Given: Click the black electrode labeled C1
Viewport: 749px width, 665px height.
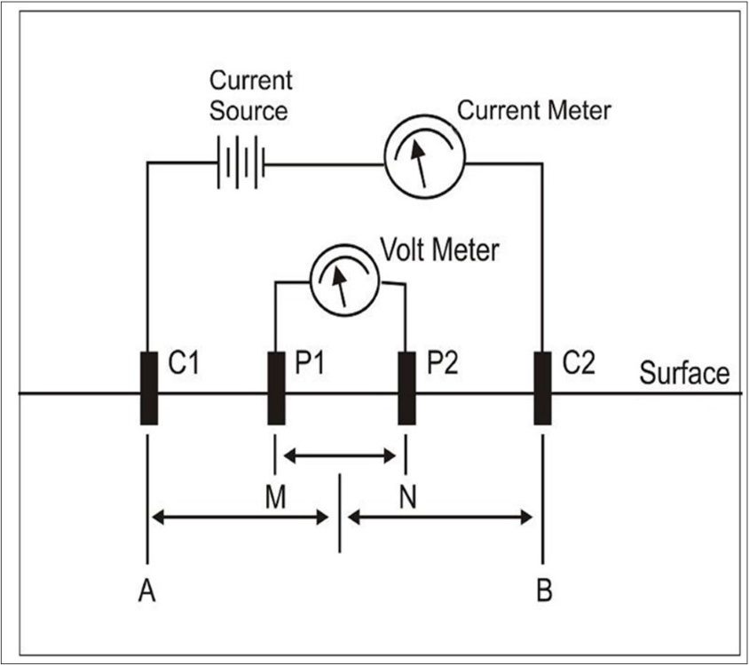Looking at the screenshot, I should point(148,388).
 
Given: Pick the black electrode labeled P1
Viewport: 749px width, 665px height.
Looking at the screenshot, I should point(276,388).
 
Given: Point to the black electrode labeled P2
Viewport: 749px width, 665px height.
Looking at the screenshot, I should point(406,388).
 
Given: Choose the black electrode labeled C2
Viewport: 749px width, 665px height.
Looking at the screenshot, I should point(543,388).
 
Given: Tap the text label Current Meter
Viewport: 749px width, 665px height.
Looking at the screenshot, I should point(533,111).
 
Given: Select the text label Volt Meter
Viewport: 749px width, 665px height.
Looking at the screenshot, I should point(438,250).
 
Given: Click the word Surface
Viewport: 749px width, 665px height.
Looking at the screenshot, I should point(683,374).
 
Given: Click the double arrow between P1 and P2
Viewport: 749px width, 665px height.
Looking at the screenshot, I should point(340,456).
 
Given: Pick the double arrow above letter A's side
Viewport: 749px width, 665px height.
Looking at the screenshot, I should point(240,516).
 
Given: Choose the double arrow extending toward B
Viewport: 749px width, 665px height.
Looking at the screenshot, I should point(440,516).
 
